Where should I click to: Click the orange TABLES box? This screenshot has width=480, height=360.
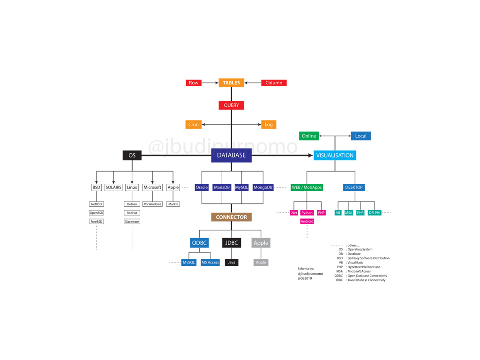click(231, 83)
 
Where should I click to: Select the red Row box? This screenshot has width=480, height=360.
click(194, 83)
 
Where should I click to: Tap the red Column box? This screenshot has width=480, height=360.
click(274, 83)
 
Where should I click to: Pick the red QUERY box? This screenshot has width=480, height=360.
click(231, 105)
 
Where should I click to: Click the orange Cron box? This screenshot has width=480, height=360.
click(194, 125)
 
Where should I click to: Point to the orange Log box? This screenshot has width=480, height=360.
click(269, 125)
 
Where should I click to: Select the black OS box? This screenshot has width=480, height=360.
click(132, 156)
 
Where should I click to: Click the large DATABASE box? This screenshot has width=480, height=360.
click(231, 156)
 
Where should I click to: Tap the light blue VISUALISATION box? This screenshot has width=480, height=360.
click(335, 156)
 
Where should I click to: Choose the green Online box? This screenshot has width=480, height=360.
click(309, 136)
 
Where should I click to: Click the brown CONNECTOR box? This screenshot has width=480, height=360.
click(231, 217)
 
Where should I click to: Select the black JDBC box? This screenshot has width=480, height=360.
click(232, 243)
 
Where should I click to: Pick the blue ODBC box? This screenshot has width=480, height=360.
click(199, 243)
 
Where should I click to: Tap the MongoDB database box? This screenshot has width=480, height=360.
click(263, 187)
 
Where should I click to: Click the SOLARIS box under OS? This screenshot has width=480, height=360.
click(113, 187)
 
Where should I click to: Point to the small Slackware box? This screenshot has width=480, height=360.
click(132, 222)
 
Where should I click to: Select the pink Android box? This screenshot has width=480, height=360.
click(307, 221)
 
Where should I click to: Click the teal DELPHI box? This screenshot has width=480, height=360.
click(375, 213)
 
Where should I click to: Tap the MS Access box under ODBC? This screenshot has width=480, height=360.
click(210, 262)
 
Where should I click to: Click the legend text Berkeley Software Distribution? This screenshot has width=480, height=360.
click(368, 258)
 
